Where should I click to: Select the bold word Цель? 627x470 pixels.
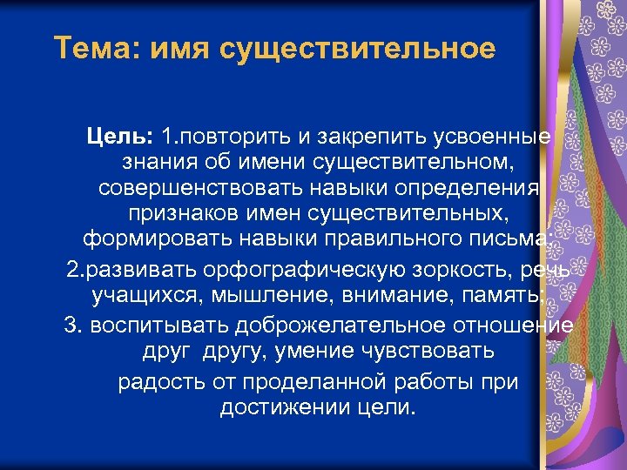point(120,137)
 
